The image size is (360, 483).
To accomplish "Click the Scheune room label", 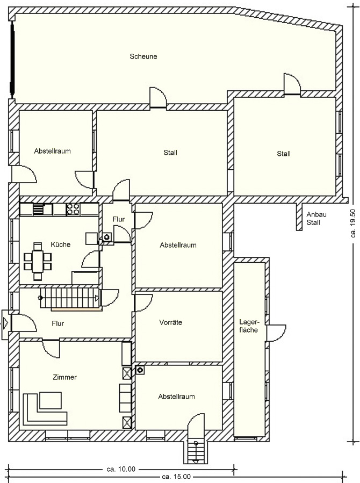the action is tap(143, 56).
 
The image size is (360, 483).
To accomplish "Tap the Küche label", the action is tap(60, 244).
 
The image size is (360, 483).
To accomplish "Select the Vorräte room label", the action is tap(171, 322).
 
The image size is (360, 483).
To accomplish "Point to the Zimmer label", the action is tap(64, 377).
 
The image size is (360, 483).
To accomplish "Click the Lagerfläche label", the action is tap(249, 326).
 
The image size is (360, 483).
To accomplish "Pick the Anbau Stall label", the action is tap(316, 218).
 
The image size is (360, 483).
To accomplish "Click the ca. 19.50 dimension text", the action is tap(353, 224).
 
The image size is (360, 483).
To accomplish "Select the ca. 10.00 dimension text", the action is tap(121, 469).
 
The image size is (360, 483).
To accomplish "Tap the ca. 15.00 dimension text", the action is tap(176, 477).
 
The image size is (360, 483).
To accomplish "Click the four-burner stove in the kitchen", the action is tap(74, 209).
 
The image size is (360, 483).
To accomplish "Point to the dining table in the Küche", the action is tap(38, 261).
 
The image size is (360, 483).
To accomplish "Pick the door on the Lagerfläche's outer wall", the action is tap(276, 333).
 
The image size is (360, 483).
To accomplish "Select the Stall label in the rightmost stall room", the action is tap(284, 154).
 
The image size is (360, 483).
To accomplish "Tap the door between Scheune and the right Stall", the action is tap(292, 83).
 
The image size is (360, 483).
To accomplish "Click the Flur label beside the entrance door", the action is tap(58, 323).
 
